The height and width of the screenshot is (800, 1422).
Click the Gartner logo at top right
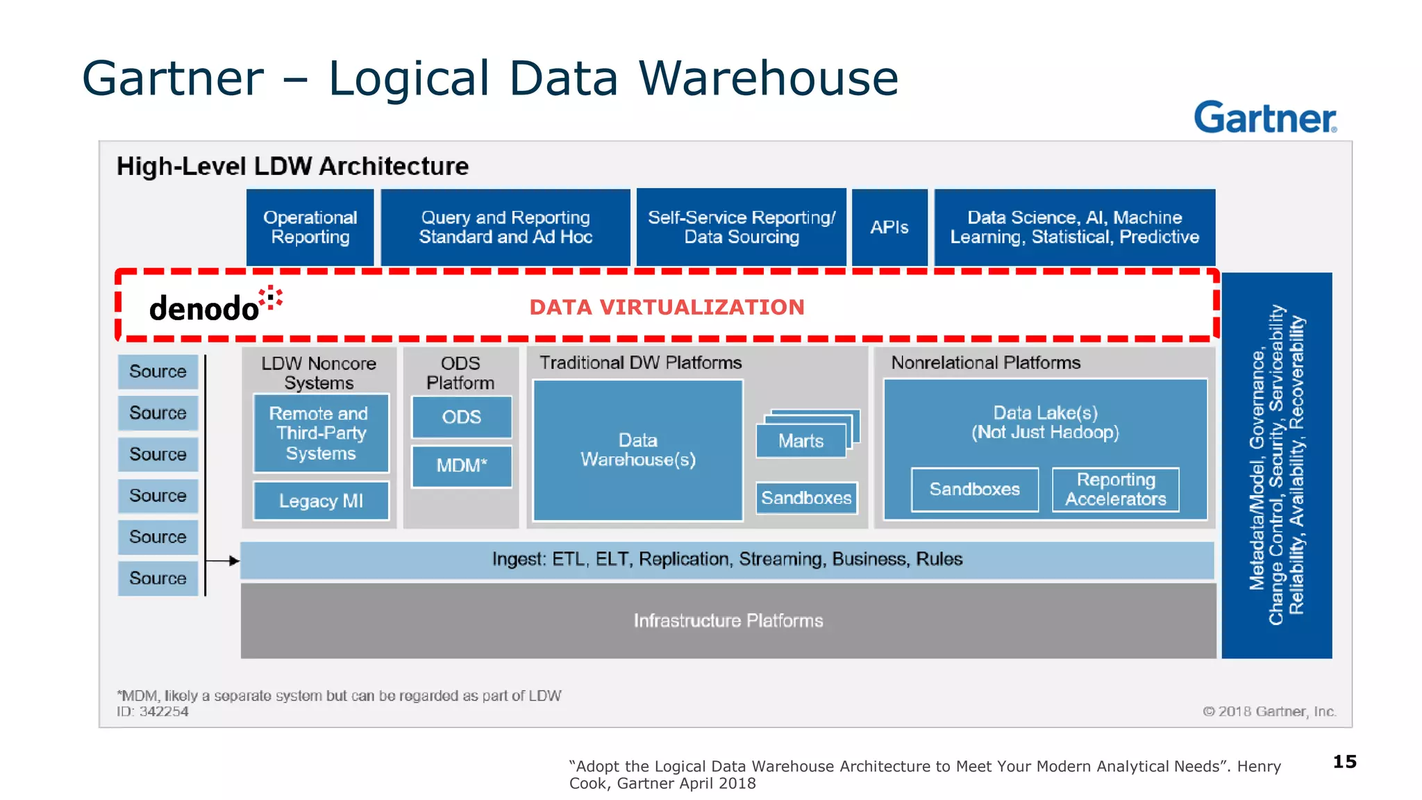[1264, 117]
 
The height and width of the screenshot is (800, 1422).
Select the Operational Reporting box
[310, 227]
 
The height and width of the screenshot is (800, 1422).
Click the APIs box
[889, 227]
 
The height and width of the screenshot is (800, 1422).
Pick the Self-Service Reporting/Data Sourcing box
[741, 227]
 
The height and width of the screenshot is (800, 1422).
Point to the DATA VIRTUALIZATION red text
[667, 307]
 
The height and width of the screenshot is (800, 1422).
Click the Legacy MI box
[321, 501]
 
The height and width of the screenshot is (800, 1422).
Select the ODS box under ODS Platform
[461, 417]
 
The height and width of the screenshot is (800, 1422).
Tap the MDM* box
[461, 465]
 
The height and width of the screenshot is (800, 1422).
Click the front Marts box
[801, 441]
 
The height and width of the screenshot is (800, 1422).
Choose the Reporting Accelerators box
[1115, 490]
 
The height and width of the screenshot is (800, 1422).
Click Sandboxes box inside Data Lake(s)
[974, 490]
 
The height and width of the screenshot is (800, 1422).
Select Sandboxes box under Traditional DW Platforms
[806, 498]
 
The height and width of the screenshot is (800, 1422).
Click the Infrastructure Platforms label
[728, 620]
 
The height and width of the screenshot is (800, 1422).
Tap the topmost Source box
[158, 372]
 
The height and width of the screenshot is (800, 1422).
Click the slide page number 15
[1344, 762]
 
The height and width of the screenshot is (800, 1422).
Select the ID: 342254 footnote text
[153, 712]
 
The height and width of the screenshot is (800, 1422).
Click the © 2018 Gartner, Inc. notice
[1269, 712]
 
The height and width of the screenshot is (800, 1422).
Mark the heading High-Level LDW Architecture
[292, 167]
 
